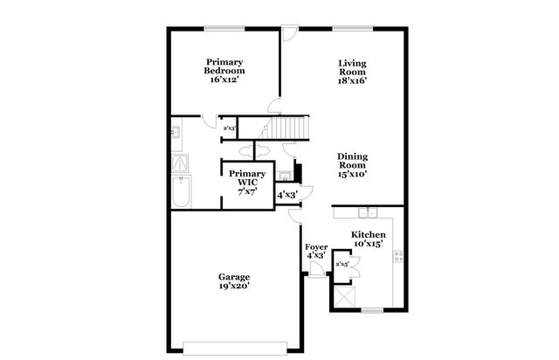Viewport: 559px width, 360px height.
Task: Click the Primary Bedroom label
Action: pos(224,71)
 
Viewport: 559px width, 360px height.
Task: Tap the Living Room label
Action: pos(352,71)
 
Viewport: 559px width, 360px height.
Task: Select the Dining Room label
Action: pos(353,164)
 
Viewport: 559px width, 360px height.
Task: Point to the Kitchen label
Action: pos(368,239)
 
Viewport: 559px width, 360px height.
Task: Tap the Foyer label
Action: pos(315,251)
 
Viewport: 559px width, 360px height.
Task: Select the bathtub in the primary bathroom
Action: pos(180,192)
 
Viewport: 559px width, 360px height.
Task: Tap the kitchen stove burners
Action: pos(398,257)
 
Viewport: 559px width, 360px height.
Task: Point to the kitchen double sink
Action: pos(369,212)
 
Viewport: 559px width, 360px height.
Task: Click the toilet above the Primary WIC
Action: pos(260,151)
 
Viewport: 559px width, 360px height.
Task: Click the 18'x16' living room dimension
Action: pos(352,80)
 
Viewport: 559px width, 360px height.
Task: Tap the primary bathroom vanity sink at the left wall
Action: pos(176,133)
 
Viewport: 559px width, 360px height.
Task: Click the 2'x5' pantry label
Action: pos(342,263)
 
